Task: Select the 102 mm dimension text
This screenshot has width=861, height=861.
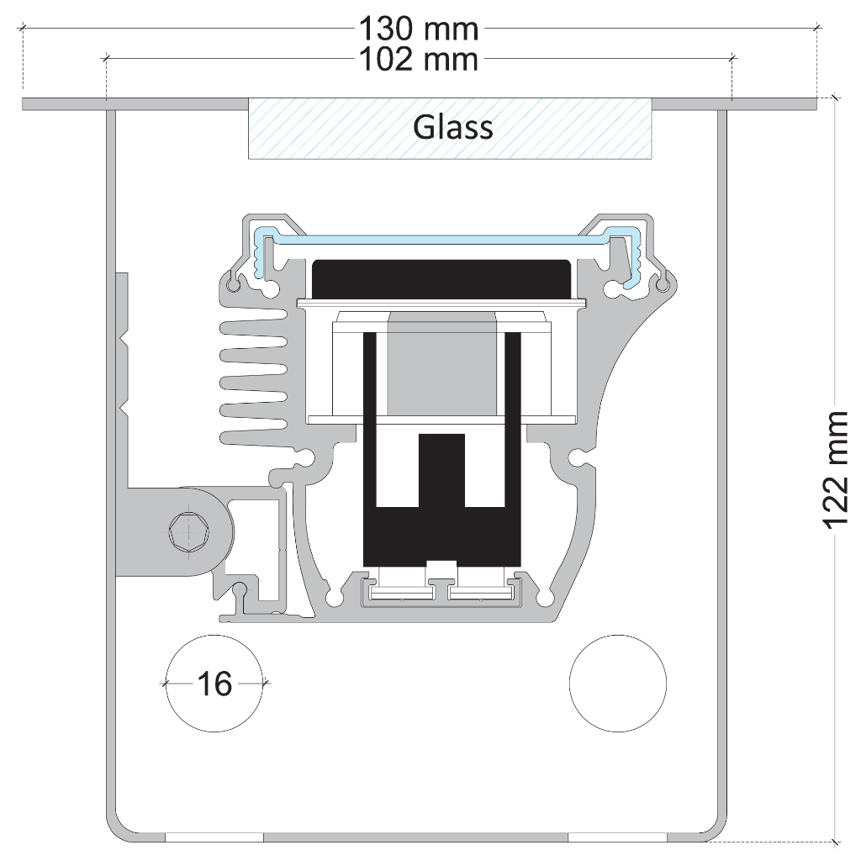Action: pyautogui.click(x=419, y=59)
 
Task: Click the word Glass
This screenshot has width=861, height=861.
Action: pyautogui.click(x=452, y=128)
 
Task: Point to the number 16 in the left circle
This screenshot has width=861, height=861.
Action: pyautogui.click(x=215, y=684)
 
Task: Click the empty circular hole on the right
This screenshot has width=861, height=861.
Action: pyautogui.click(x=618, y=683)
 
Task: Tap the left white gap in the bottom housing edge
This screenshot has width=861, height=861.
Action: pyautogui.click(x=214, y=837)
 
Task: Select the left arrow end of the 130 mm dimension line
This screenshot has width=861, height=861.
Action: pyautogui.click(x=24, y=28)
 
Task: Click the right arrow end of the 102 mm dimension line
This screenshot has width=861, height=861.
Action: pyautogui.click(x=732, y=58)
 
